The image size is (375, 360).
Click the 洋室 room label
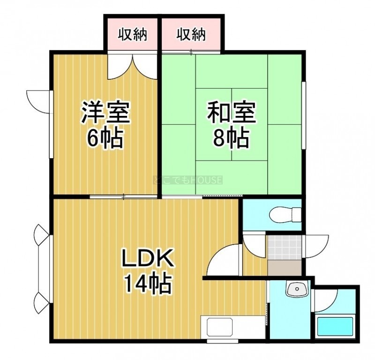pyautogui.click(x=105, y=113)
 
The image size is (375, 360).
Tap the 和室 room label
pyautogui.click(x=231, y=113)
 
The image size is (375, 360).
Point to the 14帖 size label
pyautogui.click(x=147, y=283)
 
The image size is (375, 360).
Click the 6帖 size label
pyautogui.click(x=105, y=138)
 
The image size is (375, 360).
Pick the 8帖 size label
pyautogui.click(x=231, y=138)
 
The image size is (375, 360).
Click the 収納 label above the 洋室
pyautogui.click(x=133, y=35)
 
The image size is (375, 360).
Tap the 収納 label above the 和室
pyautogui.click(x=191, y=35)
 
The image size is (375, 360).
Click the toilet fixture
pyautogui.click(x=285, y=214)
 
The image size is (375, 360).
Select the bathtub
pyautogui.click(x=335, y=326)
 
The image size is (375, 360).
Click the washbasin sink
pyautogui.click(x=297, y=289)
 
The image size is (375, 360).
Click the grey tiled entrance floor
pyautogui.click(x=284, y=248)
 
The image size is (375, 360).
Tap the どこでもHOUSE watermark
pyautogui.click(x=188, y=180)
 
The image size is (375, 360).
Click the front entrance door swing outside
pyautogui.click(x=315, y=246)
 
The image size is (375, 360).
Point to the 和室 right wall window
pyautogui.click(x=304, y=115)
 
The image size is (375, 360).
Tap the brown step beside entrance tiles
pyautogui.click(x=284, y=268)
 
